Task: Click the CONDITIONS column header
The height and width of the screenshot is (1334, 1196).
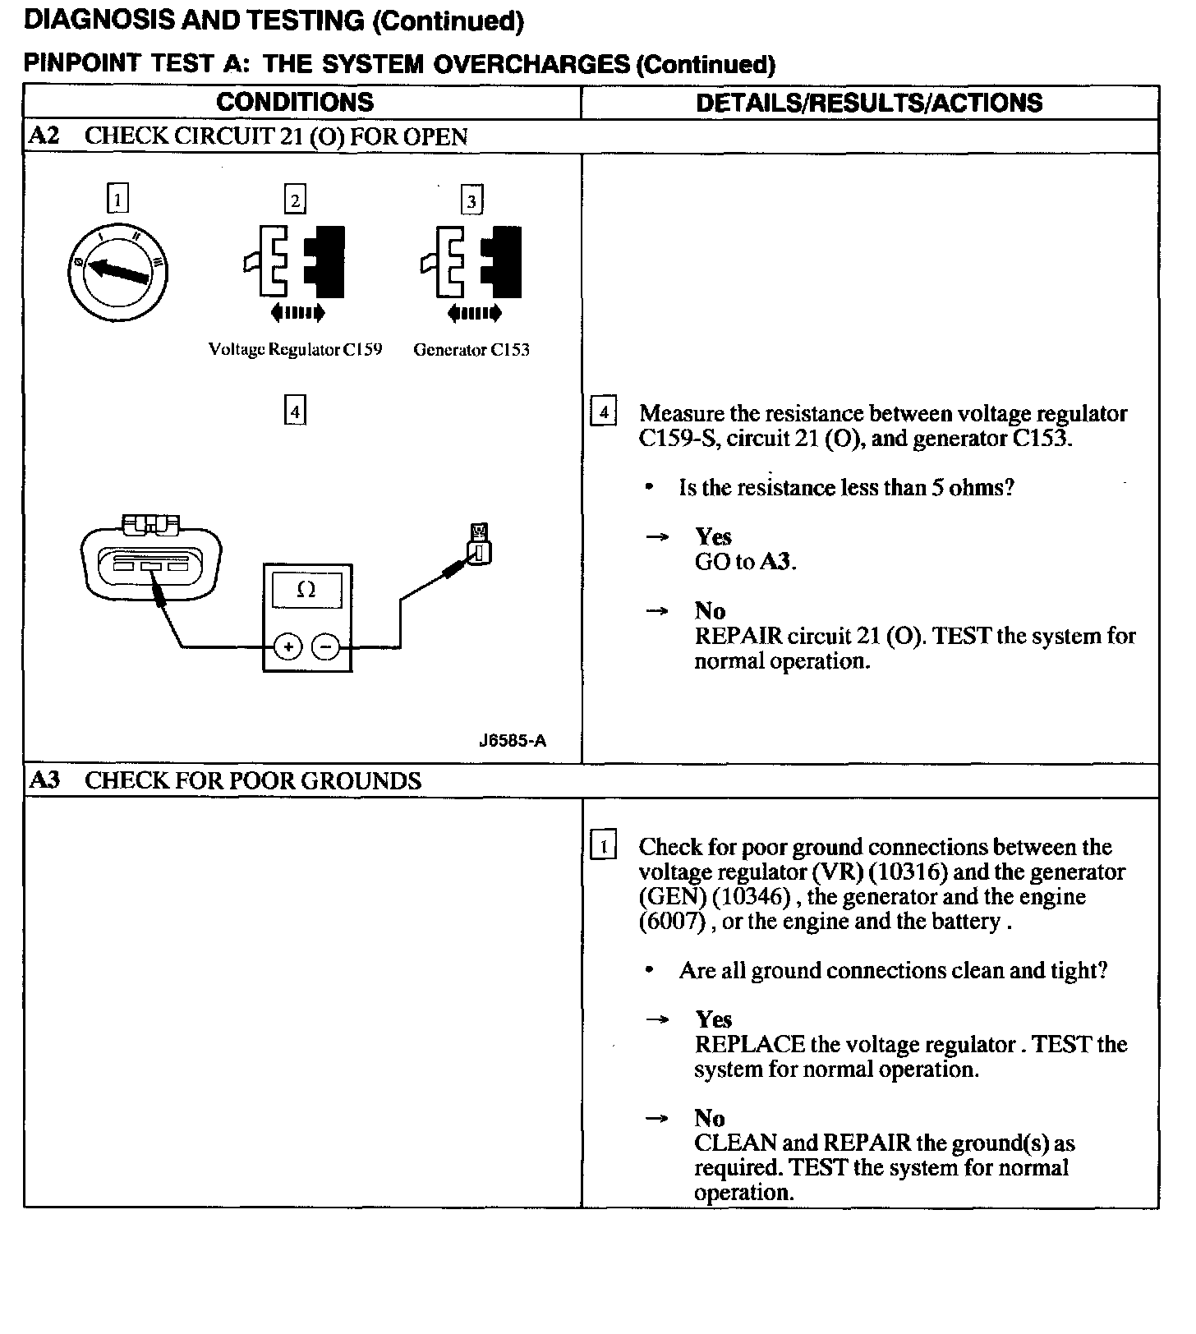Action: (295, 103)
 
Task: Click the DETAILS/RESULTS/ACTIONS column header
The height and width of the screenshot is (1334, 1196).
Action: (869, 103)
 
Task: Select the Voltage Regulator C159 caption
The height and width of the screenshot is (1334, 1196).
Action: (295, 350)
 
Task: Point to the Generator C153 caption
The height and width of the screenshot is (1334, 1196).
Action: (471, 350)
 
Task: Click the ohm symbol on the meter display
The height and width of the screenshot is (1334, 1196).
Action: (306, 590)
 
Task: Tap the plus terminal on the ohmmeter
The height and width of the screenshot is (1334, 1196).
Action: (287, 647)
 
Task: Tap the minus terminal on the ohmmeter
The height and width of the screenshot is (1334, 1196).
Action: (326, 647)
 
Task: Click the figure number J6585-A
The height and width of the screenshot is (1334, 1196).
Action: (513, 741)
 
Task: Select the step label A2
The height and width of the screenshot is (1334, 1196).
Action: (44, 136)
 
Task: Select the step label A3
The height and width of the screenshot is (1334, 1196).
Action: (44, 780)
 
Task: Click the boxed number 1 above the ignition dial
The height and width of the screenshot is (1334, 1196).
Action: (118, 200)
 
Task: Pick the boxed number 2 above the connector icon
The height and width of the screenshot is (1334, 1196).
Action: (295, 200)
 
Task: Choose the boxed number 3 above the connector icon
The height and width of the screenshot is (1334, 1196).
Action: (471, 201)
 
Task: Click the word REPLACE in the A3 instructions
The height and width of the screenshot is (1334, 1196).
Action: (749, 1045)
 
